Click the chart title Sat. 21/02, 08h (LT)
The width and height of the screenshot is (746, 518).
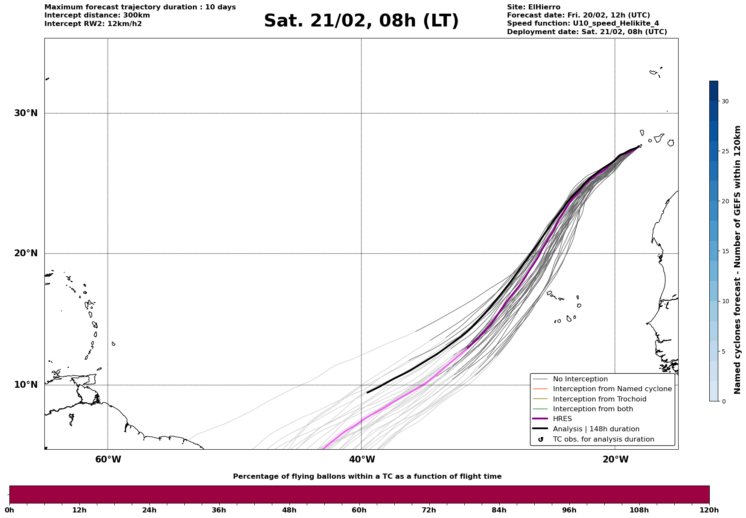coord(361,21)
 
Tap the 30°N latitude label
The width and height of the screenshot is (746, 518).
coord(26,113)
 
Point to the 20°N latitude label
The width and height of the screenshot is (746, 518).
coord(26,253)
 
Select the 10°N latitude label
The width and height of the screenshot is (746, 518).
coord(26,385)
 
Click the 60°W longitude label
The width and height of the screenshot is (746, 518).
coord(108,459)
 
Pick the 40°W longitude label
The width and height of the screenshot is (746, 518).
coord(362,459)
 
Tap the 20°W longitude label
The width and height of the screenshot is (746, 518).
coord(615,459)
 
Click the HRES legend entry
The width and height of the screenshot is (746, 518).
coord(562,419)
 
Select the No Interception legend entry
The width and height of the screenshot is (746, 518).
coord(580,379)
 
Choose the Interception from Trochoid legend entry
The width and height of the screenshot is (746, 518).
coord(599,399)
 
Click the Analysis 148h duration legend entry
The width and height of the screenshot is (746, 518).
coord(596,429)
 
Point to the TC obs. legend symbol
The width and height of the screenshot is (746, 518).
coord(541,439)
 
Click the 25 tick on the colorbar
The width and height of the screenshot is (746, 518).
coord(725,151)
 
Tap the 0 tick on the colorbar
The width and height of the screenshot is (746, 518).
coord(723,401)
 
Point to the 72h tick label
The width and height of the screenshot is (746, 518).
coord(429,510)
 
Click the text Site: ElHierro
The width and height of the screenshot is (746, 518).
coord(533,7)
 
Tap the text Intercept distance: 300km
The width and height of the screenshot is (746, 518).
coord(97,15)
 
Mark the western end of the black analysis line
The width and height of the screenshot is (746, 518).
coord(367,392)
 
